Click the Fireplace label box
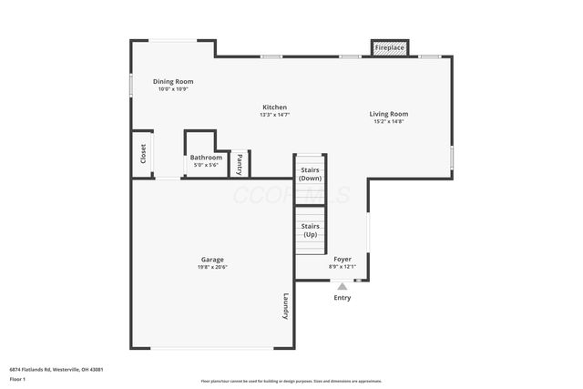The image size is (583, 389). point(390,47)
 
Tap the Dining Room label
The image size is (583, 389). point(173,82)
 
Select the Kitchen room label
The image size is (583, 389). point(275,107)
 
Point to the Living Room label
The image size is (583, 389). point(388,114)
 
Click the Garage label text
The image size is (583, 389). point(212,260)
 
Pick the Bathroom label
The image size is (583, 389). point(206,158)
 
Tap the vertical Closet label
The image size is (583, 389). point(143,154)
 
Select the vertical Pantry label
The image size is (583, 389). point(240,164)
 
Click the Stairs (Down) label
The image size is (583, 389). point(310,173)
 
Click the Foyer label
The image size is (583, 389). point(343,260)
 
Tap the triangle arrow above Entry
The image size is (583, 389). point(343,287)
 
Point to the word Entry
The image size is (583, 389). point(343,298)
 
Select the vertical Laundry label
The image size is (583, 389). point(285,305)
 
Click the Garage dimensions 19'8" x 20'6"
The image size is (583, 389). point(212,267)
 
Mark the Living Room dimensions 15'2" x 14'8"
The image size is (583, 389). point(388,121)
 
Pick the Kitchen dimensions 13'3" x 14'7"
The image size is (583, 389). point(275,115)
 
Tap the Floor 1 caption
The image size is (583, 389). point(18,381)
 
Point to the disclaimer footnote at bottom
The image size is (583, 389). point(291,381)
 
